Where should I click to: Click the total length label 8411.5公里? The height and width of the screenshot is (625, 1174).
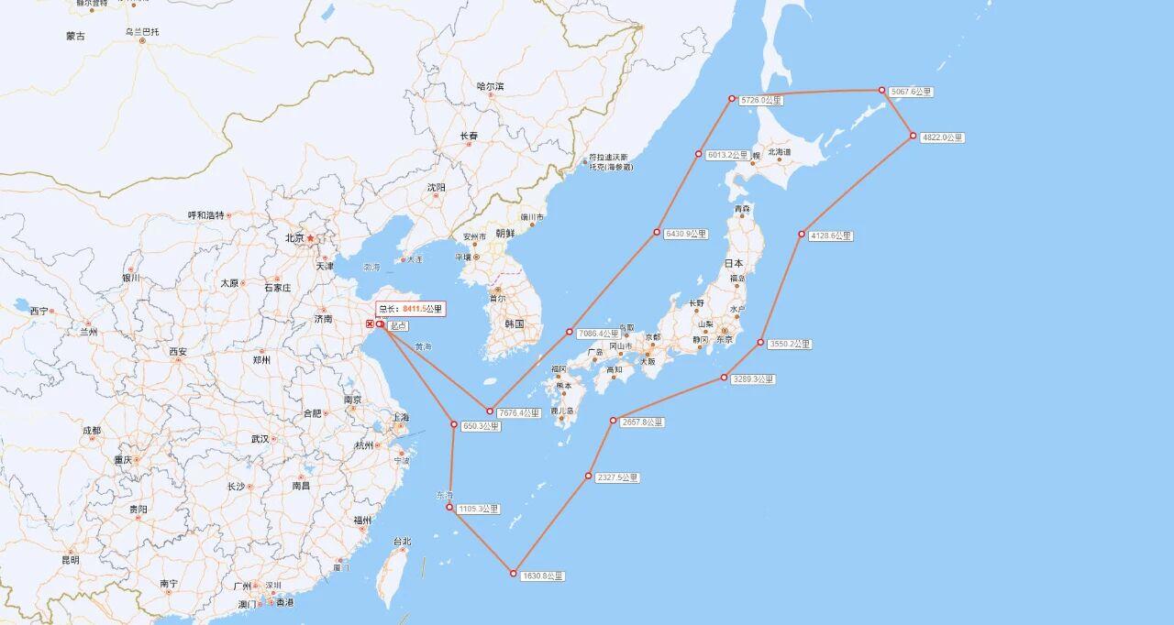tap(410, 309)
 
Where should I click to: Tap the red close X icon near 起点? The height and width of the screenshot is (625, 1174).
tap(370, 324)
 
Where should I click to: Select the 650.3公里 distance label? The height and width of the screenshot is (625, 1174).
tap(481, 426)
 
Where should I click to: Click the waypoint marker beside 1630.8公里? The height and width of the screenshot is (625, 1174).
tap(514, 573)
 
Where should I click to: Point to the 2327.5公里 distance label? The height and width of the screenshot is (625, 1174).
tap(617, 477)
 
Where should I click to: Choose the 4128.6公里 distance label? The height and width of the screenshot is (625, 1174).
tap(830, 236)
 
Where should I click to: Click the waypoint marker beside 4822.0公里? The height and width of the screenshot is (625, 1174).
tap(914, 136)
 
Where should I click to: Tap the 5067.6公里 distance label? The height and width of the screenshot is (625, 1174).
tap(911, 92)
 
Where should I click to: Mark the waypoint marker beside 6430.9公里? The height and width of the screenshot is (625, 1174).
tap(657, 232)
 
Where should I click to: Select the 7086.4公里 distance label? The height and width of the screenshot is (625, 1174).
tap(599, 334)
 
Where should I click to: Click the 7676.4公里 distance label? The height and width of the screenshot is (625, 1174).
tap(518, 413)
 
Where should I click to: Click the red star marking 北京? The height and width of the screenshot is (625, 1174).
tap(310, 238)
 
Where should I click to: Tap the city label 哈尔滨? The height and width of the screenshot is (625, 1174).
tap(490, 86)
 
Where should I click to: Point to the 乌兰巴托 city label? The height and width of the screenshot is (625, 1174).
tap(142, 31)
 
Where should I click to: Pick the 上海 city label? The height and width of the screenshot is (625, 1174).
tap(401, 417)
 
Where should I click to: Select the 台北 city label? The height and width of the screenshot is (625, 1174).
tap(402, 542)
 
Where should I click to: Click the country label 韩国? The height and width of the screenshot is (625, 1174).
tap(514, 323)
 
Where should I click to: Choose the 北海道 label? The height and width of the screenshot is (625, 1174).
tap(780, 152)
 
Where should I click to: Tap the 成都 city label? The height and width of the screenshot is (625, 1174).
tap(91, 430)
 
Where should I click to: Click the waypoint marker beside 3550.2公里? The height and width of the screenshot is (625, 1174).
tap(760, 343)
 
